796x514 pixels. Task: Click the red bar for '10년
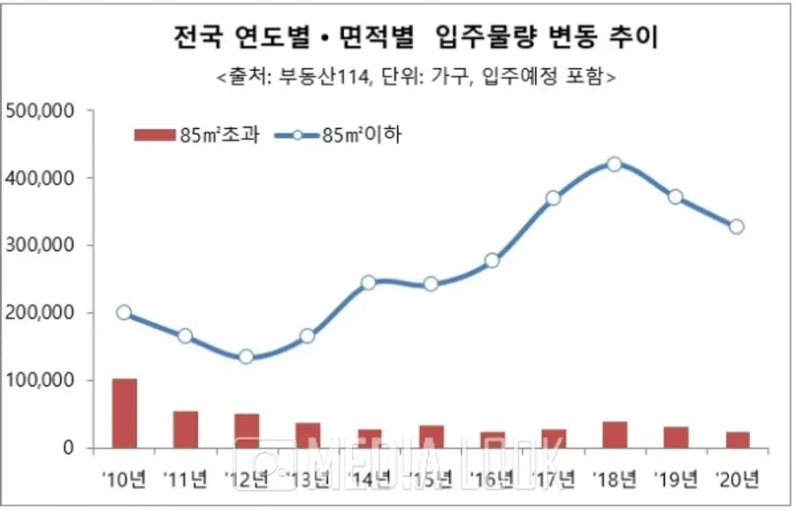125,413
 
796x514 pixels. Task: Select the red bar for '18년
615,434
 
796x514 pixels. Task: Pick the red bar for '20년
737,440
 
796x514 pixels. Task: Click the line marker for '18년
615,164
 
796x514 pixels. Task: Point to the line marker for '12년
247,357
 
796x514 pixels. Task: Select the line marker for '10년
125,312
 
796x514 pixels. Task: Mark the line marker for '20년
737,226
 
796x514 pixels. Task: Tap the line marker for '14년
369,283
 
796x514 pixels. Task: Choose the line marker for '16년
492,261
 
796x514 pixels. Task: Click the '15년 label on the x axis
431,480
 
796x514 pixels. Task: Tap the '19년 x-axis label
676,480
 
